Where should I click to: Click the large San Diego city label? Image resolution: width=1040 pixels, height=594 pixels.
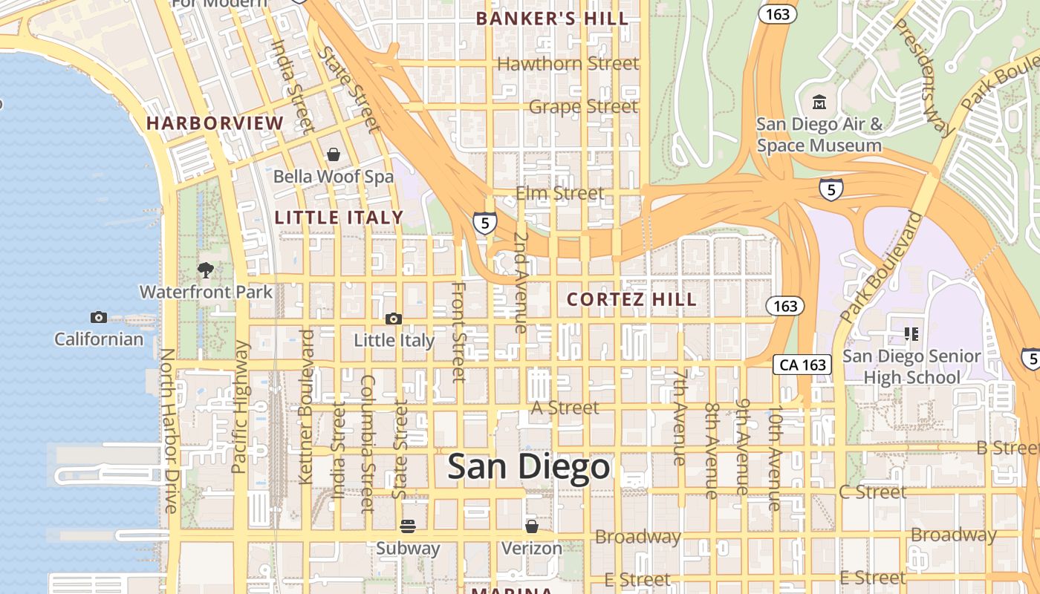[x=529, y=467]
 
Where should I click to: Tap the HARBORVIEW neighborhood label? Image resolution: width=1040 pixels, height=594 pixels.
[x=215, y=123]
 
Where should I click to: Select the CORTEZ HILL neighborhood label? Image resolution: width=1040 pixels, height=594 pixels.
[x=632, y=299]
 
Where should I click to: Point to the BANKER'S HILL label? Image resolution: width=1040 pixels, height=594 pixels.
[x=552, y=19]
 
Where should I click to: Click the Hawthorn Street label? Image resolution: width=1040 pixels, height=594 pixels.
[x=568, y=64]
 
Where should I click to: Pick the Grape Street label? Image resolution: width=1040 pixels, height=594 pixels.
[x=583, y=107]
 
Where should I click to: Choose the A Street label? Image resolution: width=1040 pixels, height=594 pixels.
[x=565, y=408]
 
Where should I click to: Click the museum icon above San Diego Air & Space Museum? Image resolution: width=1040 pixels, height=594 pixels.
[x=819, y=102]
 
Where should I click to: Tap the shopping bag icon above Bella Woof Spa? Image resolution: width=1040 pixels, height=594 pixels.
[x=334, y=154]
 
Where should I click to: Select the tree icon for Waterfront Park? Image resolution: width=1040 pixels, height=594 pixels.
[x=206, y=270]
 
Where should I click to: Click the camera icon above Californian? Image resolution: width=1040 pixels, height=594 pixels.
[x=99, y=318]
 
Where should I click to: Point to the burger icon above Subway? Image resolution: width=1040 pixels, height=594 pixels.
[x=407, y=526]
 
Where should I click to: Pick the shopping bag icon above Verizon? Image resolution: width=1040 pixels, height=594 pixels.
[x=531, y=526]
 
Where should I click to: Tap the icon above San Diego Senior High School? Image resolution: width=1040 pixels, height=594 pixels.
[x=911, y=334]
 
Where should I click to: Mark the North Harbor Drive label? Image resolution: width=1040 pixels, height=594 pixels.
[x=169, y=431]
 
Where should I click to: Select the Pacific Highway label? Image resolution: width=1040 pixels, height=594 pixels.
[x=239, y=407]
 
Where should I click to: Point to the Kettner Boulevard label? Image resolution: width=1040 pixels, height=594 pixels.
[x=305, y=407]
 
